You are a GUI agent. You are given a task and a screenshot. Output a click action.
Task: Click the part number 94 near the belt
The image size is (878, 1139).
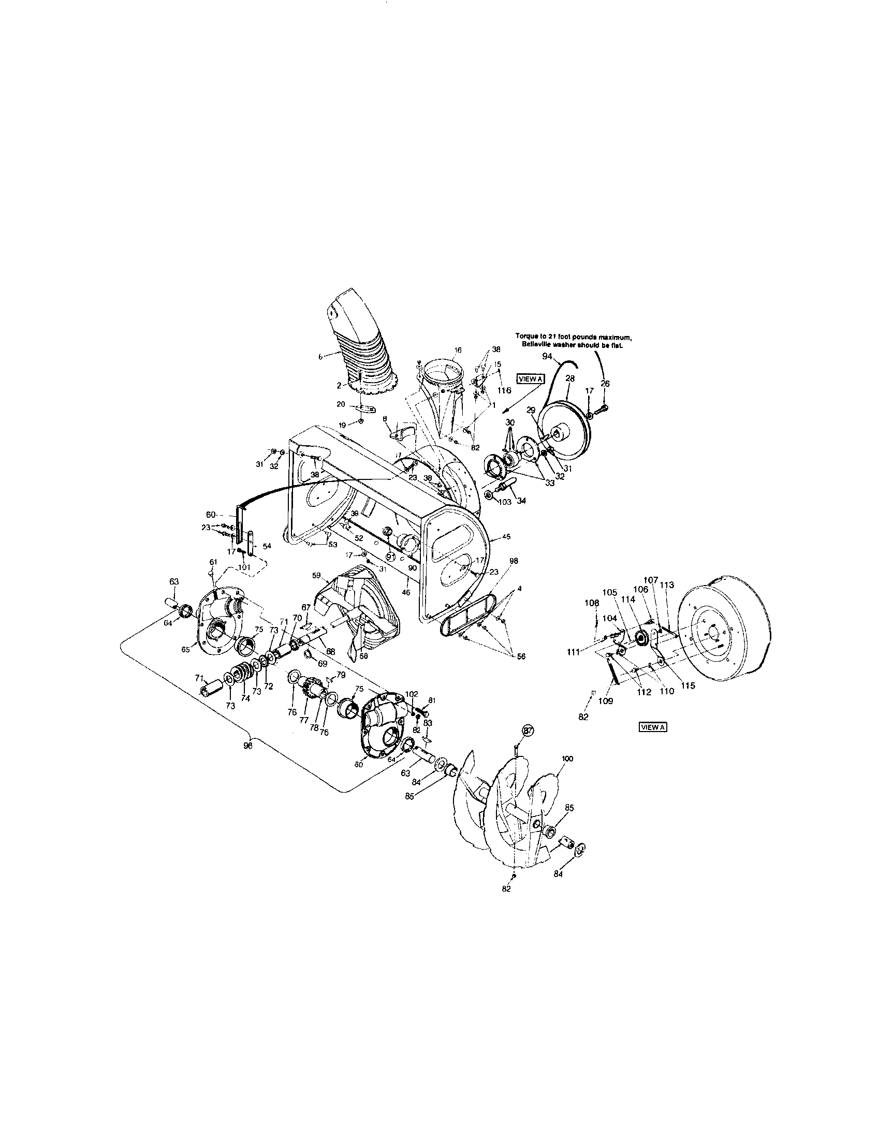pyautogui.click(x=546, y=356)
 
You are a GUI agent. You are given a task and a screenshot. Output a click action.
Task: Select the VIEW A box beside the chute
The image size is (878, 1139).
pyautogui.click(x=530, y=379)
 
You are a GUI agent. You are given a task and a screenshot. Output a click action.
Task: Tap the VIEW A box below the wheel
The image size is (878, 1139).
pyautogui.click(x=653, y=727)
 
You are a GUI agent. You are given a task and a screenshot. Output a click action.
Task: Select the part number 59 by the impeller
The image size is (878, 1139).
pyautogui.click(x=316, y=575)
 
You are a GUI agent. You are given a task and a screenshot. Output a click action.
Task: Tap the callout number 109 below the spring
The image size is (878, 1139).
pyautogui.click(x=605, y=701)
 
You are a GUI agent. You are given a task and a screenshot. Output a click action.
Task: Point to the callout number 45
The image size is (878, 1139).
pyautogui.click(x=506, y=536)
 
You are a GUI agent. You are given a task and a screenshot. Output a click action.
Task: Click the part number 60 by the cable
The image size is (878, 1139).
pyautogui.click(x=211, y=515)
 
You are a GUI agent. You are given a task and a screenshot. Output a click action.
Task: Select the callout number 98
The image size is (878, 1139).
pyautogui.click(x=514, y=561)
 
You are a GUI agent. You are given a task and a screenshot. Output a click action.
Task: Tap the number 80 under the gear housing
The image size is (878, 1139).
pyautogui.click(x=359, y=765)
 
